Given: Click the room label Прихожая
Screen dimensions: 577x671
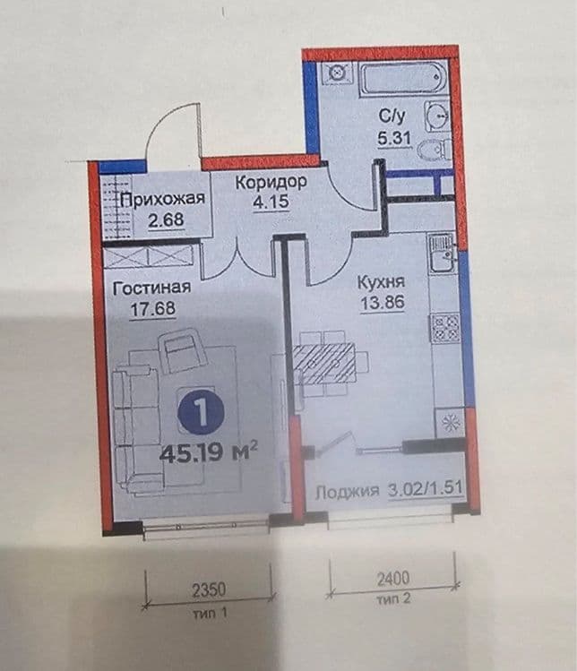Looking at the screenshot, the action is tap(163, 200).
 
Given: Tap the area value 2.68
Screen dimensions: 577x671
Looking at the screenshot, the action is tap(166, 220).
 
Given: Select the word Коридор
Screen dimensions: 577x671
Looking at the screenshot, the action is tap(271, 183).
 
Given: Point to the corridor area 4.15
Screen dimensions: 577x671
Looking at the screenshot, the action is tap(271, 202).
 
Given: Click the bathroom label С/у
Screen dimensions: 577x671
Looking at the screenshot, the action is tap(392, 116).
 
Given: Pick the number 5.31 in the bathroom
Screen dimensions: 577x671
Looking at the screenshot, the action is tap(394, 138).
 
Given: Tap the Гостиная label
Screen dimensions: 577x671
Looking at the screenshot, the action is tap(151, 288).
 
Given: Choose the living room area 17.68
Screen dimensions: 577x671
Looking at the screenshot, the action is tap(153, 308).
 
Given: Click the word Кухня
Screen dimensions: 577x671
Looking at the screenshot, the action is tap(381, 282).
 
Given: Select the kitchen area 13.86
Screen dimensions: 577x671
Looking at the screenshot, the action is tap(383, 303).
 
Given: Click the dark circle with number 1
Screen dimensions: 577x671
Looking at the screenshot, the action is tap(202, 412).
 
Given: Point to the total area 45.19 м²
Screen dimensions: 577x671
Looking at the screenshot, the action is tap(208, 452).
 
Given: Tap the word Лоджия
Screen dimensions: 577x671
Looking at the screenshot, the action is tap(347, 491).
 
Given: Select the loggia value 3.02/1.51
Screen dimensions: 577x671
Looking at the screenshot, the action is tap(425, 489).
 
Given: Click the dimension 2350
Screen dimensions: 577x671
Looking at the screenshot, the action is tap(209, 590).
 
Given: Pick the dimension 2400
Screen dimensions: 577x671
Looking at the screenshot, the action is tap(393, 579).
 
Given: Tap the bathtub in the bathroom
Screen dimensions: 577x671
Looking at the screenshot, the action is tap(403, 78).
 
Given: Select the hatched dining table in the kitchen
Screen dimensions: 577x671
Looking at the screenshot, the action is tap(324, 364).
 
